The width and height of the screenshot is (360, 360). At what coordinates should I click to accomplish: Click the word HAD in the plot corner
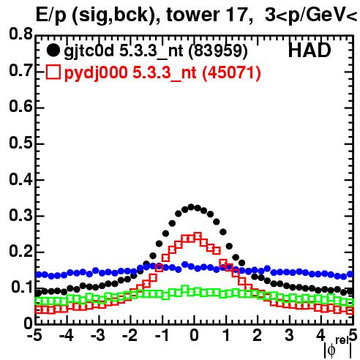(x=310, y=50)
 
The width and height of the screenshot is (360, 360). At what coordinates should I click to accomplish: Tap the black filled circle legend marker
(x=53, y=50)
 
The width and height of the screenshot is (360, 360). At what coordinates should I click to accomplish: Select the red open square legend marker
(x=53, y=72)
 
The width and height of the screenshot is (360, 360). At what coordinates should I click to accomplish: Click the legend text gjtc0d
(x=89, y=52)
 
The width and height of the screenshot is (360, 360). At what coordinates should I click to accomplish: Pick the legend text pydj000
(x=96, y=73)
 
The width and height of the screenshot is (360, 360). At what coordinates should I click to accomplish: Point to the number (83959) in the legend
(x=218, y=51)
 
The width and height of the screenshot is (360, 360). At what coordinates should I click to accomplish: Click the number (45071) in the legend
(x=231, y=72)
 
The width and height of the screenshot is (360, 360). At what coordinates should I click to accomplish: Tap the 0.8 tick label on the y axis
(x=20, y=34)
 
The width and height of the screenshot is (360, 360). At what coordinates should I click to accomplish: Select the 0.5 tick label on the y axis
(x=20, y=143)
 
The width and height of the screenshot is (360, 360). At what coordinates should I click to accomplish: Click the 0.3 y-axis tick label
(x=20, y=216)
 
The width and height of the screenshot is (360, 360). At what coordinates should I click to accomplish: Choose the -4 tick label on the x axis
(x=66, y=336)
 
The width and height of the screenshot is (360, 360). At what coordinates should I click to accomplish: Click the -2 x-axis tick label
(x=130, y=336)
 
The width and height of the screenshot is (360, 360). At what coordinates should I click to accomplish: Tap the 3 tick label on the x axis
(x=289, y=336)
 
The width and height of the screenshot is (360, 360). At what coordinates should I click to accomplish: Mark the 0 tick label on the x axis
(x=194, y=336)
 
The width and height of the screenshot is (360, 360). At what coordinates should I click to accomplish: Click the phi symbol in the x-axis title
(x=331, y=350)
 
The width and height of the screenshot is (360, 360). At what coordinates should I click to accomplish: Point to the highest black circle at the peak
(x=191, y=207)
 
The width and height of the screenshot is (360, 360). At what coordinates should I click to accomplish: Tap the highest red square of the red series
(x=198, y=236)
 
